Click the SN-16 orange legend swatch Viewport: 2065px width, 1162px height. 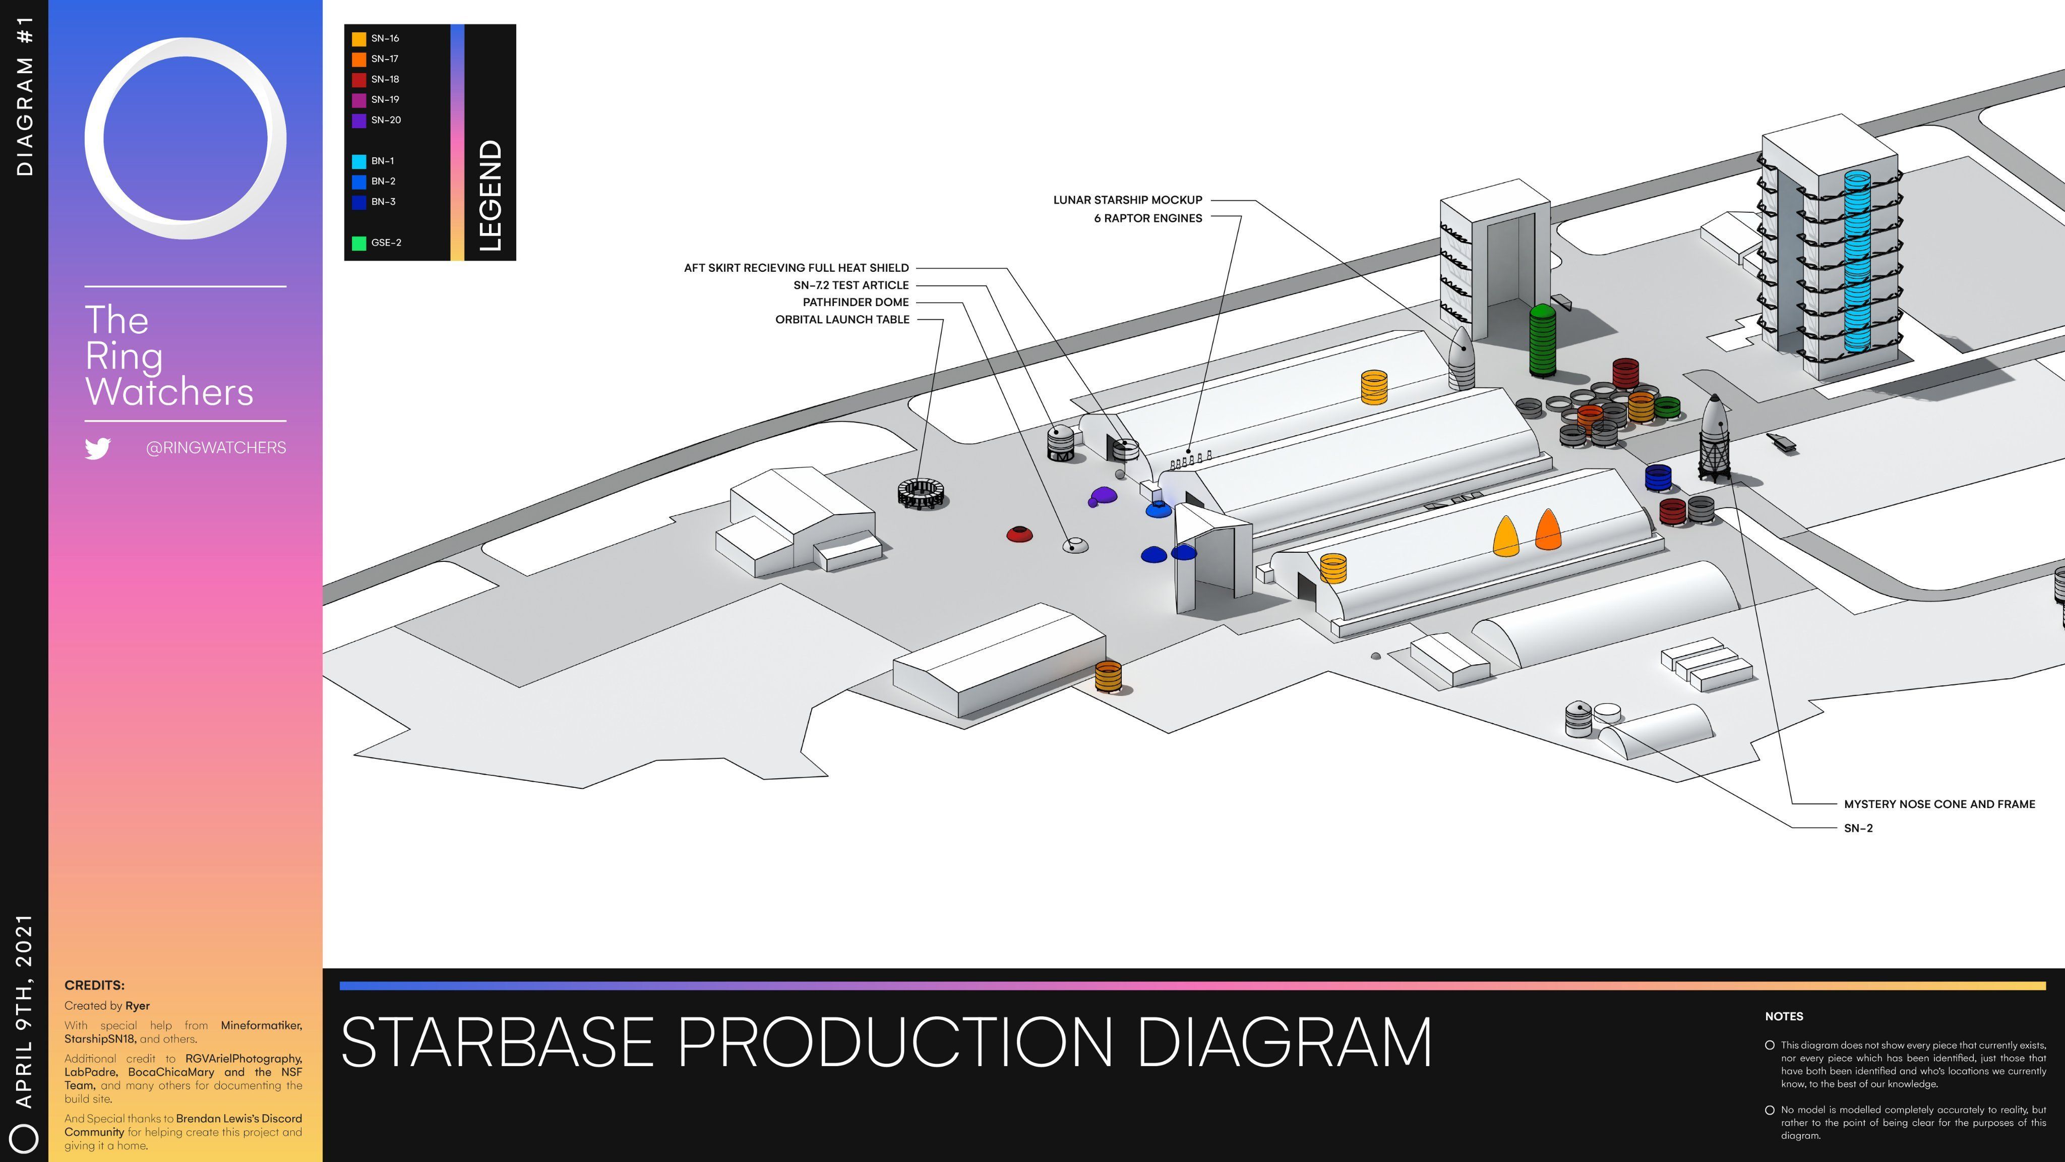[x=359, y=38]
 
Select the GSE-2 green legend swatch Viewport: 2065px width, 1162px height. [x=359, y=243]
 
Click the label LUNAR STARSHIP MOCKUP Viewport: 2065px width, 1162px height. [x=1127, y=200]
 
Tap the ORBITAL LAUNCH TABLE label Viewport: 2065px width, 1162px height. [x=842, y=319]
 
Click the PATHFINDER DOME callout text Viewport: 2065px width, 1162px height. [x=856, y=302]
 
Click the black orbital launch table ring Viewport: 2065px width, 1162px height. [x=922, y=493]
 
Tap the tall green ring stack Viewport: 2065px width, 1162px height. [x=1542, y=341]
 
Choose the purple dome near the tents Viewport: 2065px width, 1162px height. [x=1103, y=496]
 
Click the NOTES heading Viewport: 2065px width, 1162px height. [x=1784, y=1017]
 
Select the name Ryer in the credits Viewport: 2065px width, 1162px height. [x=137, y=1006]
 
